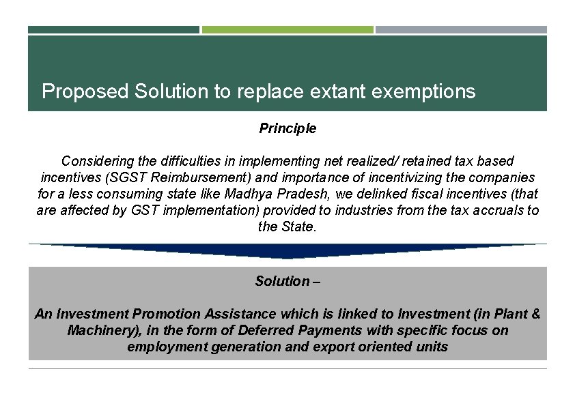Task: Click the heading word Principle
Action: coord(287,128)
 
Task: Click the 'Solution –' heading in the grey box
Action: coord(287,281)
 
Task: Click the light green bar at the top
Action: coord(287,30)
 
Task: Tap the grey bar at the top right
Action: coord(461,30)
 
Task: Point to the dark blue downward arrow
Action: coord(287,251)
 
